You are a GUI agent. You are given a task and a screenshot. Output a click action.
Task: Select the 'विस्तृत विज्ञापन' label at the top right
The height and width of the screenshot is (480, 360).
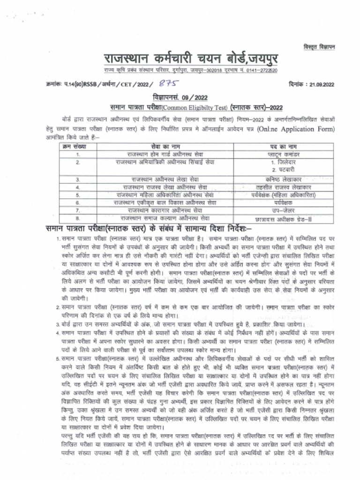[320, 46]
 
